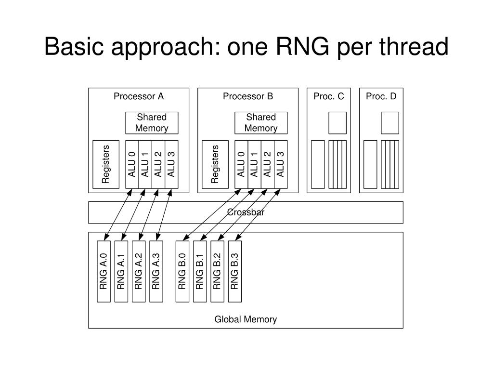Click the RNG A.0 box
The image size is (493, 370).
click(104, 272)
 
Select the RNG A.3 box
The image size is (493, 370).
click(156, 272)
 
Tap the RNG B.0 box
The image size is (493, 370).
click(182, 272)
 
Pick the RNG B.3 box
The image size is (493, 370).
click(235, 272)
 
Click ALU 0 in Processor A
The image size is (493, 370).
click(132, 165)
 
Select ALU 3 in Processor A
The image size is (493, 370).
click(172, 165)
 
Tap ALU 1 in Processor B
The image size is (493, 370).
click(254, 165)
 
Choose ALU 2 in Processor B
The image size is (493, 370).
click(268, 165)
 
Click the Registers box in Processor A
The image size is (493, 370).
click(106, 165)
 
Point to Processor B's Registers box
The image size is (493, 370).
click(215, 165)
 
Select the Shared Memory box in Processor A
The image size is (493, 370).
click(152, 123)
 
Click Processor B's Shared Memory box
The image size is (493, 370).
click(261, 123)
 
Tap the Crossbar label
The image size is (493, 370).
click(246, 212)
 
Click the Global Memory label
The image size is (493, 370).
click(246, 319)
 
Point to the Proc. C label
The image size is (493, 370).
click(329, 96)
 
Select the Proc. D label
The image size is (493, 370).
click(381, 96)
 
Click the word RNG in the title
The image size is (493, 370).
click(303, 46)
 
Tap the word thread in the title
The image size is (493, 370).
click(414, 46)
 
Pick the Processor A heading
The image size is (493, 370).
click(139, 96)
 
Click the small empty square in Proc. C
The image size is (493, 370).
click(337, 123)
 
